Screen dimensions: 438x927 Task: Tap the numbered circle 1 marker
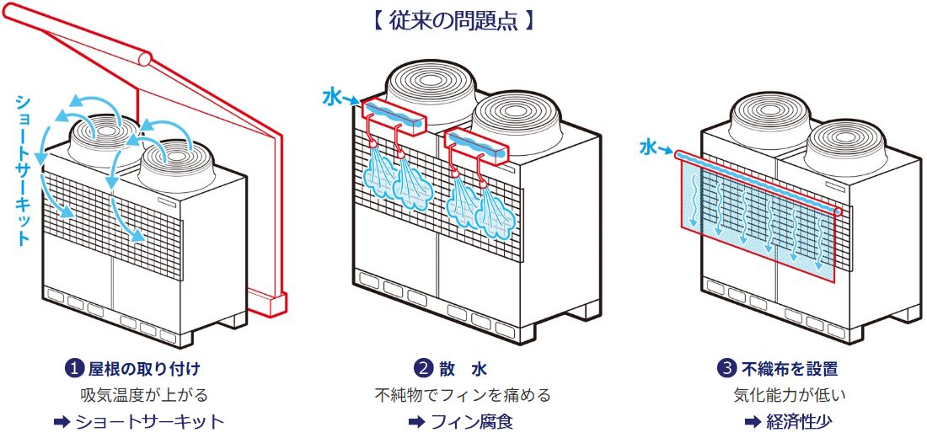point(74,369)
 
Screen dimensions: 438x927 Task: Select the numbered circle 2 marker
point(423,369)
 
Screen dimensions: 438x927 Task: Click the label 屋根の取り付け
point(144,369)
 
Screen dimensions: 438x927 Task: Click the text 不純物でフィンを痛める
point(463,394)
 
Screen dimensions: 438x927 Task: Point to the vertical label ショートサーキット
point(24,168)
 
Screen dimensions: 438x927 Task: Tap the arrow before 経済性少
point(753,421)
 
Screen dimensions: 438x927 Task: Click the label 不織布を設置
point(790,369)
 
